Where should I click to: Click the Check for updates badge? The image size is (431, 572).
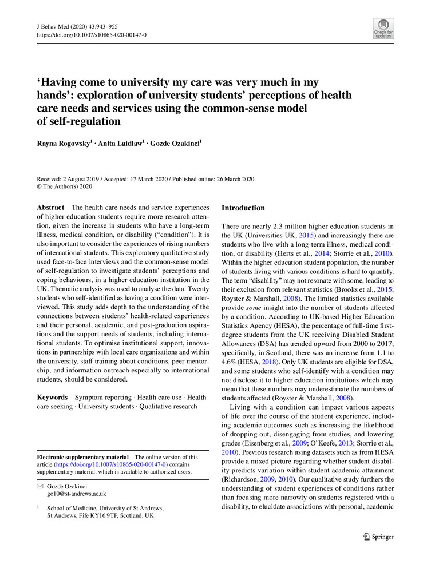[x=383, y=28]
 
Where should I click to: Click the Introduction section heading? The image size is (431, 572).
[x=243, y=208]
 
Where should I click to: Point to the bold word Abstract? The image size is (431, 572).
[x=50, y=208]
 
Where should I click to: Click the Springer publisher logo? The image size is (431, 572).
[x=379, y=537]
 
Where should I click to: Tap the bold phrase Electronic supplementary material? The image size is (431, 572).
[x=83, y=457]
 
